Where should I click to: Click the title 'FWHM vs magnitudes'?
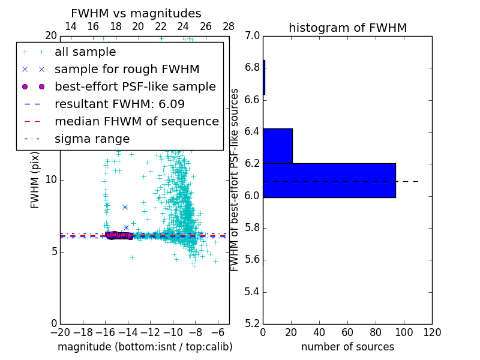(136, 13)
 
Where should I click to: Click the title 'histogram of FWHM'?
(347, 28)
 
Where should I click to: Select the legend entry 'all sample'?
(85, 52)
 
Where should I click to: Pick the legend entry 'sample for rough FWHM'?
(127, 70)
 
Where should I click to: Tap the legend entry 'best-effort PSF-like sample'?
(135, 86)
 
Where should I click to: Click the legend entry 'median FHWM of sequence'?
(136, 121)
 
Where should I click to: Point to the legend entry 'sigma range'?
(92, 139)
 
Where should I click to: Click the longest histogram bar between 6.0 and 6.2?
(329, 180)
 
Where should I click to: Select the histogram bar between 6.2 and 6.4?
(277, 146)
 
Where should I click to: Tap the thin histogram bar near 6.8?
(264, 77)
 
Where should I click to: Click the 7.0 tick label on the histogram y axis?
(253, 35)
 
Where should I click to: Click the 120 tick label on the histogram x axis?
(431, 332)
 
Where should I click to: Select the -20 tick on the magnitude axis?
(60, 332)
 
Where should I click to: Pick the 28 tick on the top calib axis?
(229, 26)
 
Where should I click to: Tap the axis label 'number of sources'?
(347, 347)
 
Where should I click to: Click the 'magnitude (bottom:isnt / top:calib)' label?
(145, 347)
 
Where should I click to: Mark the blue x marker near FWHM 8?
(125, 207)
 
